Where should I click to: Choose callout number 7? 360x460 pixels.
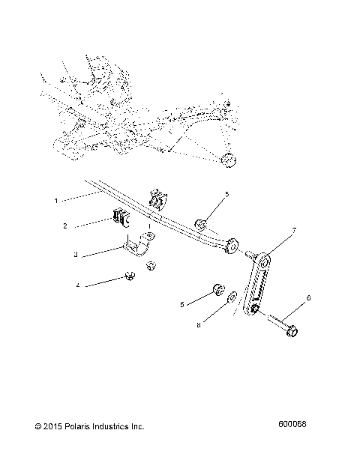click(x=294, y=229)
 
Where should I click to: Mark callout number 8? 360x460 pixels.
click(x=198, y=325)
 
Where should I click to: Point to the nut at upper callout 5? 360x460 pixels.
click(x=201, y=223)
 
